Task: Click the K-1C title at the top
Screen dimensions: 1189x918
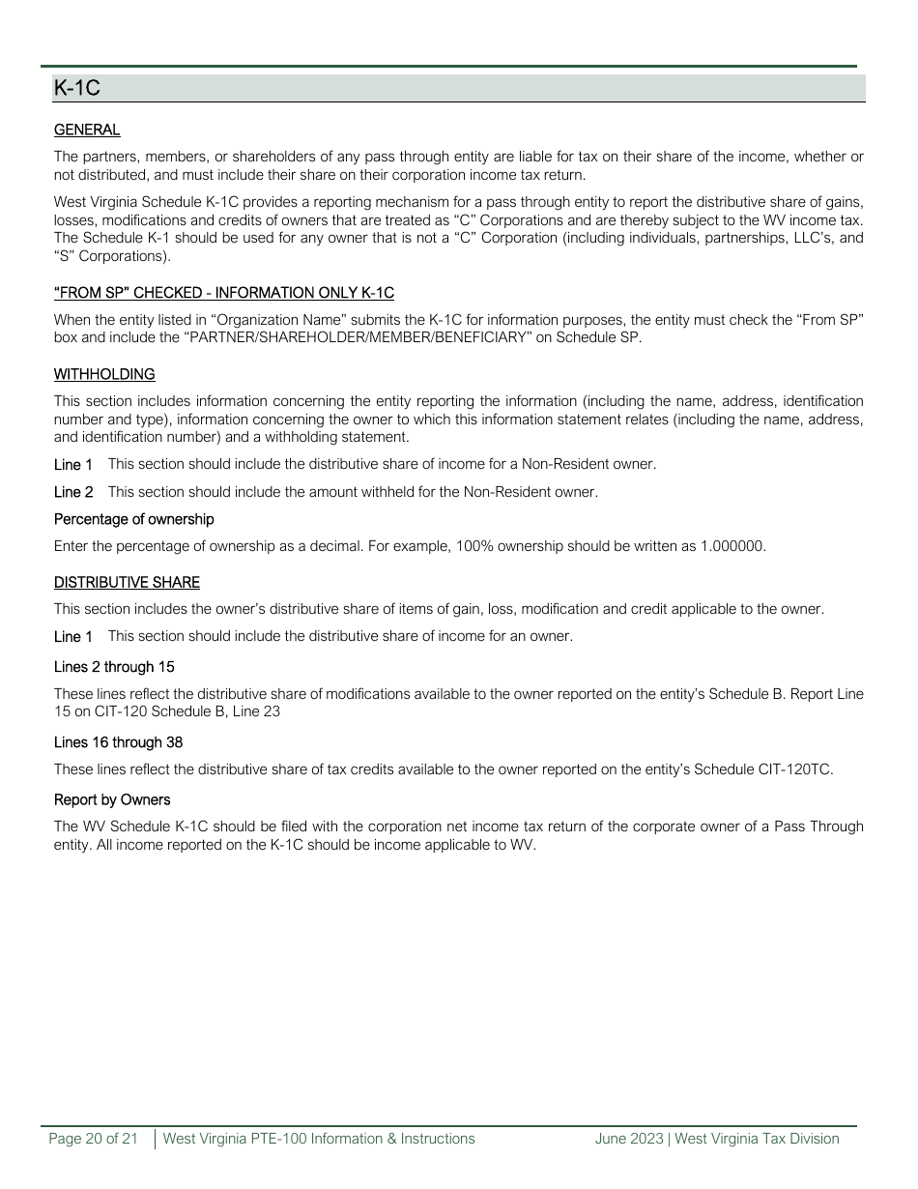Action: point(77,89)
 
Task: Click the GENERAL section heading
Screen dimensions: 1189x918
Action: point(87,130)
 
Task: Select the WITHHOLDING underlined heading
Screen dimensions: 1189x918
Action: point(104,374)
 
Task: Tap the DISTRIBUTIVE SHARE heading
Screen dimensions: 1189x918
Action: point(127,582)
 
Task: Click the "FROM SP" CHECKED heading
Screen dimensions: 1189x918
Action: point(223,293)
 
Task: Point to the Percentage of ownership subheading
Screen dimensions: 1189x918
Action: point(133,519)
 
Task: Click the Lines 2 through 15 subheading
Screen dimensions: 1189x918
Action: point(114,667)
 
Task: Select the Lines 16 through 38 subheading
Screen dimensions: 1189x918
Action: point(118,742)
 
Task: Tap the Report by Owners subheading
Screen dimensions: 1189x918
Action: point(112,799)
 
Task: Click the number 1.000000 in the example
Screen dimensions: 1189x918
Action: point(732,546)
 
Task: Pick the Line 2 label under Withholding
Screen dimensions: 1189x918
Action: point(73,492)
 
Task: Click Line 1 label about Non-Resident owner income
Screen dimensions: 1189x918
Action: point(73,464)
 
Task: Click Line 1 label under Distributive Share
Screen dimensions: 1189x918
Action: point(73,636)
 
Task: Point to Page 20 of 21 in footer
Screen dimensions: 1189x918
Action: point(94,1139)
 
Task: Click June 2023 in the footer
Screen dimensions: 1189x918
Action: point(629,1139)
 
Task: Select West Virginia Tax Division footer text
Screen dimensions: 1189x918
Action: point(757,1139)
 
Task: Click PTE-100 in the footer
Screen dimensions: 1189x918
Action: point(285,1139)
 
